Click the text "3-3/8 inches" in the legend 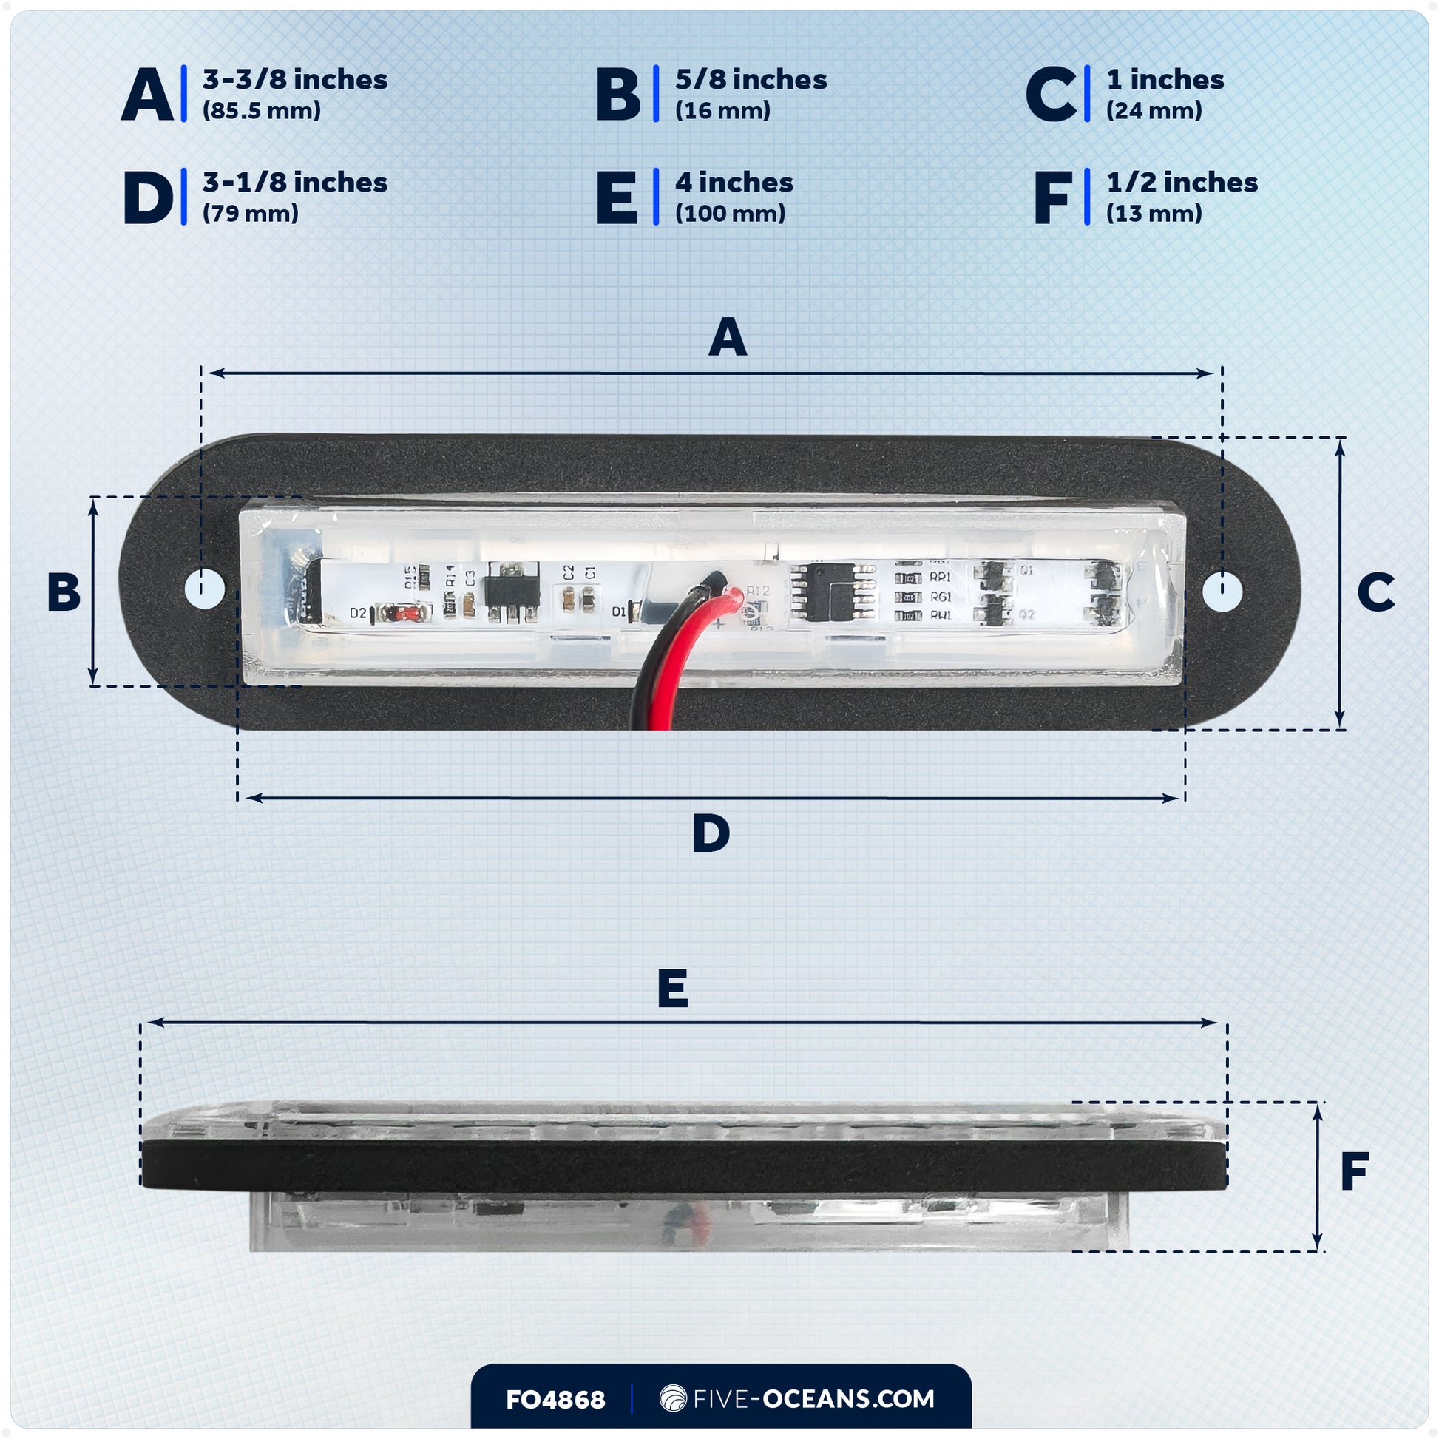click(x=295, y=80)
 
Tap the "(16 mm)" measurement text click(x=722, y=111)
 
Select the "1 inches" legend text click(x=1165, y=80)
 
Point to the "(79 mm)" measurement click(x=250, y=214)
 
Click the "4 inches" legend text click(x=734, y=183)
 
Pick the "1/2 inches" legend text click(x=1182, y=183)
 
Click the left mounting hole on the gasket click(x=205, y=589)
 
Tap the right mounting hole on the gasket click(x=1222, y=592)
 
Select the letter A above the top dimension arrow click(x=728, y=337)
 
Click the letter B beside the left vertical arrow click(x=64, y=592)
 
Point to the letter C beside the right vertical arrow click(x=1375, y=592)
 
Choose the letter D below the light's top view click(x=711, y=833)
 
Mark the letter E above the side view click(x=673, y=989)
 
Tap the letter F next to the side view click(x=1355, y=1171)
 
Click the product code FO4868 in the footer click(x=555, y=1400)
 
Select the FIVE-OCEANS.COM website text click(x=813, y=1399)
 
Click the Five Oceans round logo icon click(x=673, y=1398)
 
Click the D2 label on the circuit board click(x=358, y=613)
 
